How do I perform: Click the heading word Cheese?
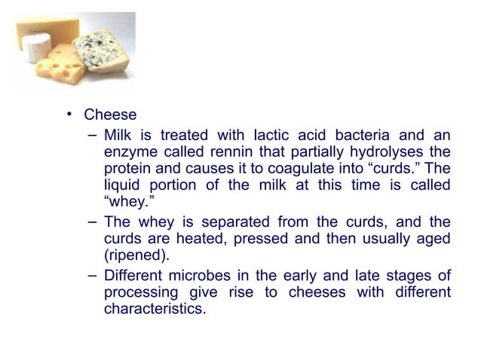(x=110, y=115)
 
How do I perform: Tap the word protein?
(x=126, y=168)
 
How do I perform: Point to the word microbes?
(x=198, y=275)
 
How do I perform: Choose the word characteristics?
(x=154, y=308)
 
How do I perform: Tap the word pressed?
(x=265, y=238)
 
